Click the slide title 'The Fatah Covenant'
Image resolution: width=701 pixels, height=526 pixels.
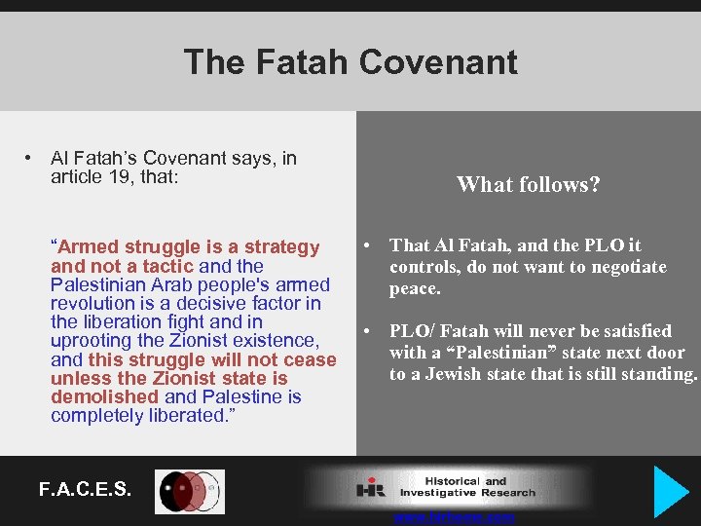pyautogui.click(x=350, y=62)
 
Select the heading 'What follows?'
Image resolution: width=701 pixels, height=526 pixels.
pyautogui.click(x=528, y=183)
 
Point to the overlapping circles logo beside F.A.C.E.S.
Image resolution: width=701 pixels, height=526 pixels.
pyautogui.click(x=190, y=492)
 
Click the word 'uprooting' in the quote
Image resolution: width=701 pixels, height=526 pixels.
pyautogui.click(x=92, y=341)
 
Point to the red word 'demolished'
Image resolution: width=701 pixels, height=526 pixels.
pyautogui.click(x=104, y=397)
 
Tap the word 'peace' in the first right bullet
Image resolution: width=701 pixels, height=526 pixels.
pyautogui.click(x=414, y=288)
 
